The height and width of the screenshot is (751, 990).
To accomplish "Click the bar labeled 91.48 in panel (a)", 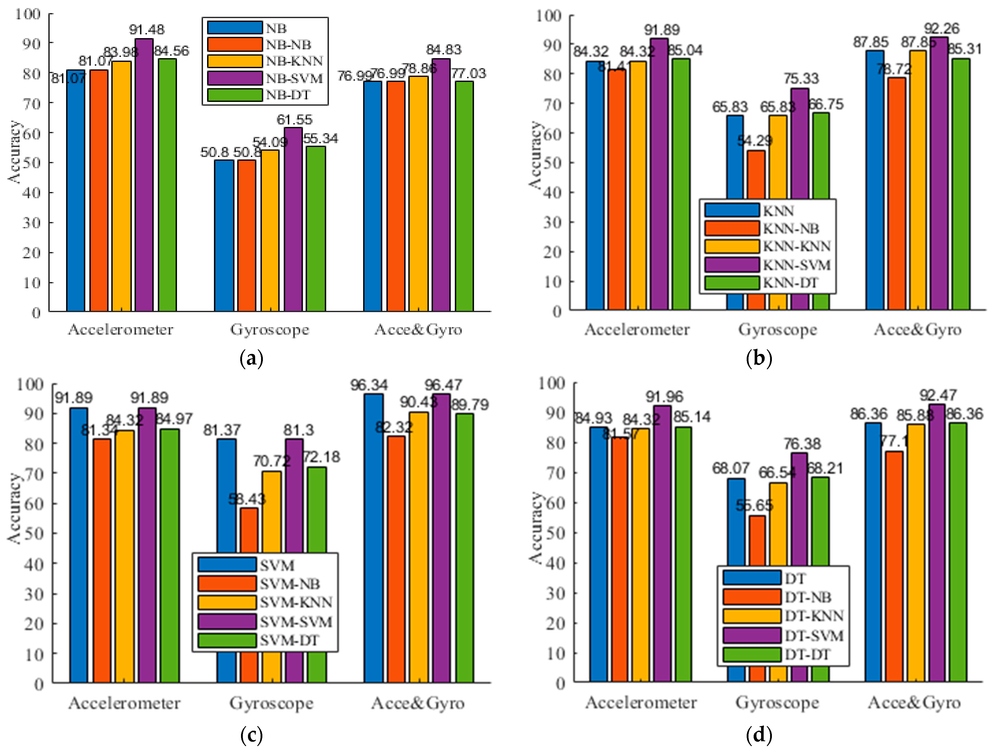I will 144,175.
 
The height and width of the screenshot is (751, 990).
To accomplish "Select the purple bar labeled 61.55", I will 293,220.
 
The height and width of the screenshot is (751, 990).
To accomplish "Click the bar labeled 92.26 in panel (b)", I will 939,175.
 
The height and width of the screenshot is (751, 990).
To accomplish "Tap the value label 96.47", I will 443,385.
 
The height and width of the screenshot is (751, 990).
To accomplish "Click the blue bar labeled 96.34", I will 373,537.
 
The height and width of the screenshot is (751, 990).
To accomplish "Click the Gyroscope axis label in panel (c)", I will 271,703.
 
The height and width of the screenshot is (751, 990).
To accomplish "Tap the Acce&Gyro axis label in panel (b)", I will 917,330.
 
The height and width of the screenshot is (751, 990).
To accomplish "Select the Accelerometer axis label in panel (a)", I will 120,330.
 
